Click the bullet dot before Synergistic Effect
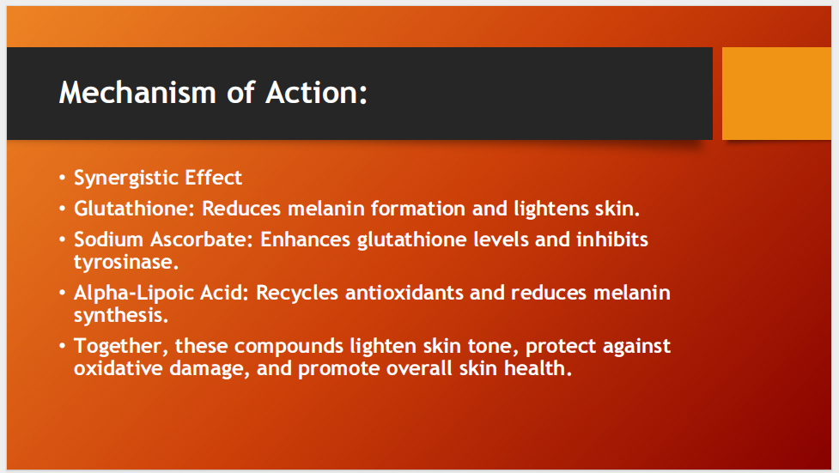63,179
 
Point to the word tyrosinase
125,262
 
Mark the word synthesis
120,315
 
